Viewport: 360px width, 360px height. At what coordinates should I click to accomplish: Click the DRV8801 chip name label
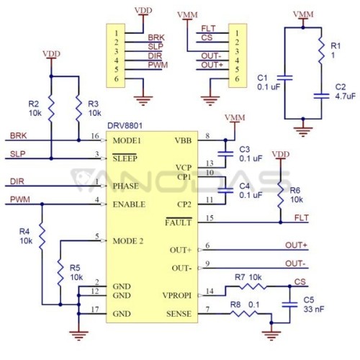click(x=125, y=126)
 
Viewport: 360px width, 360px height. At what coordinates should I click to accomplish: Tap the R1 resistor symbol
click(x=321, y=51)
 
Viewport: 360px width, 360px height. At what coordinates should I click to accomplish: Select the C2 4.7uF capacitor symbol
click(x=321, y=96)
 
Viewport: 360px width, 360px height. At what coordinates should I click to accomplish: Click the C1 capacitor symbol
click(x=285, y=78)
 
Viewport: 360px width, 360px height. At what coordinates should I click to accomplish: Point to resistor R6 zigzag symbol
click(x=280, y=196)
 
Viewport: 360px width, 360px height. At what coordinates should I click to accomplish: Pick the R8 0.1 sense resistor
click(x=244, y=313)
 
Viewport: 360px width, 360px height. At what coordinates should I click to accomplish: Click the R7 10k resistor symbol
click(x=253, y=286)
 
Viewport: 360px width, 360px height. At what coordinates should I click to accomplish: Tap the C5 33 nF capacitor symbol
click(x=289, y=305)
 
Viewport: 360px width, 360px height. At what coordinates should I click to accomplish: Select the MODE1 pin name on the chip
click(x=127, y=140)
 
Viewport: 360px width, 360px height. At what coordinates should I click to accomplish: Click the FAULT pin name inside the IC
click(x=179, y=222)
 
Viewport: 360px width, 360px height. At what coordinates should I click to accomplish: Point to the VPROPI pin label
click(x=177, y=295)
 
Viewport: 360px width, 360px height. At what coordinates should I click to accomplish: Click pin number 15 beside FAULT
click(x=210, y=218)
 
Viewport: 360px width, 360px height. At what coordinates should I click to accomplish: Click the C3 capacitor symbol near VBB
click(x=225, y=154)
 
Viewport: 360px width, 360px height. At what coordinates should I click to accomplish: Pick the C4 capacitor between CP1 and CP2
click(x=225, y=191)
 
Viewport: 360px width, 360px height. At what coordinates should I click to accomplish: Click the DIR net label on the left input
click(x=17, y=181)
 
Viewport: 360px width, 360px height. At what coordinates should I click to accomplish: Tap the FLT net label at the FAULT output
click(x=302, y=217)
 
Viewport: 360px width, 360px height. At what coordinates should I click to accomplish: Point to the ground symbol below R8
click(x=271, y=336)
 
